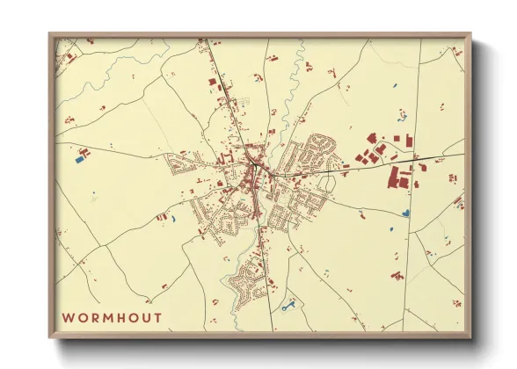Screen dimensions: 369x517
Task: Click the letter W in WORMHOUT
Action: (x=68, y=317)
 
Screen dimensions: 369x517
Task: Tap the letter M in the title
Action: (x=108, y=317)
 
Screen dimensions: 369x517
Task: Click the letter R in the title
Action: (x=96, y=317)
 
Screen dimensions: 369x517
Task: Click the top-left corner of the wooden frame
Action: (x=50, y=34)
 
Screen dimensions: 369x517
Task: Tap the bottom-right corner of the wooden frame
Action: (x=470, y=336)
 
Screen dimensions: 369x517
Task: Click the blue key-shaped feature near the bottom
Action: (x=288, y=307)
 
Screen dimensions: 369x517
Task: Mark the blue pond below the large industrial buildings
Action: (x=404, y=212)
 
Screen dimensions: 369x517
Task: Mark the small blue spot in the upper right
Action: (x=393, y=85)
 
